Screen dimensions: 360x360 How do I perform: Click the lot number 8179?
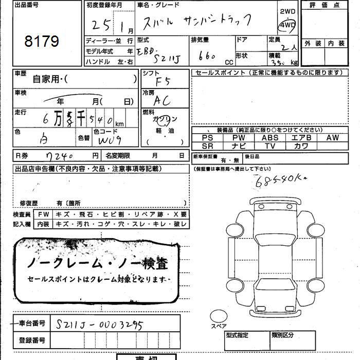pyautogui.click(x=42, y=41)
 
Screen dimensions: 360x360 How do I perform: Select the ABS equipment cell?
pyautogui.click(x=270, y=138)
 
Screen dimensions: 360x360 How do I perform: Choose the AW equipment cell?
pyautogui.click(x=332, y=138)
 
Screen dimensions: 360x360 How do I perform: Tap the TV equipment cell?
pyautogui.click(x=270, y=146)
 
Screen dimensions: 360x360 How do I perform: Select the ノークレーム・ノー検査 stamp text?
pyautogui.click(x=97, y=264)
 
